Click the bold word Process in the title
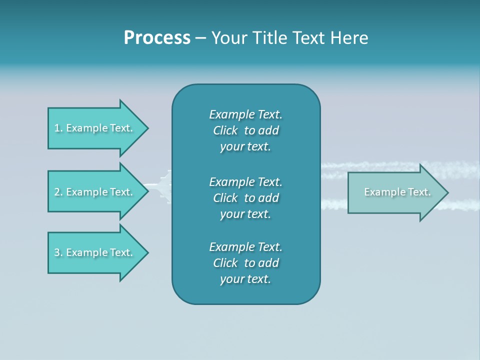(x=157, y=38)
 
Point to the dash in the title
(x=200, y=38)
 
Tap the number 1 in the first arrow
(x=57, y=128)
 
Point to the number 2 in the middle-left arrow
(x=57, y=192)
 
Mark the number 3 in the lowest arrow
(x=57, y=252)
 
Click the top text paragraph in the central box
(x=245, y=130)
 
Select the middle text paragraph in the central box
(x=245, y=198)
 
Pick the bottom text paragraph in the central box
(x=245, y=263)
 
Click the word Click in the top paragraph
(x=225, y=130)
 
